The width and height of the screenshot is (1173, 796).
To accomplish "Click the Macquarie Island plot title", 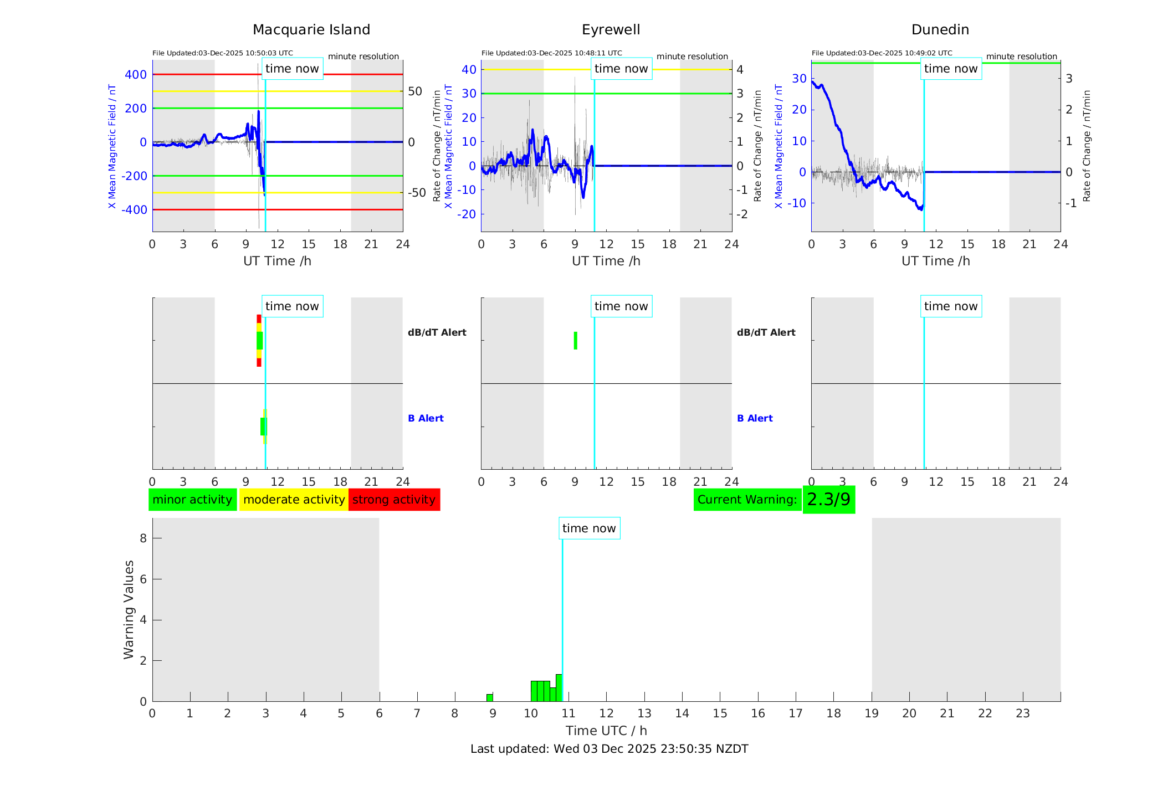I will click(x=311, y=30).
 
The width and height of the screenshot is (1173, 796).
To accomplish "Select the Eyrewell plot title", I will click(x=611, y=30).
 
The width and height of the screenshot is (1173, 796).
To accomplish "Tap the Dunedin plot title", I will click(x=940, y=30).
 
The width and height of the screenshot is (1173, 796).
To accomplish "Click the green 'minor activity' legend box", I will click(x=192, y=500).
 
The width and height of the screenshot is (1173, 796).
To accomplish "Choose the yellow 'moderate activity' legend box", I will click(x=294, y=500).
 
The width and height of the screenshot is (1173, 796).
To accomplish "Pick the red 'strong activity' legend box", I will click(x=394, y=500).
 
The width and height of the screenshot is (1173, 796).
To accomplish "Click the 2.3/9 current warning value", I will click(x=828, y=500).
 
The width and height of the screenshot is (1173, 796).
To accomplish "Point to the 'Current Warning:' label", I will click(x=747, y=500).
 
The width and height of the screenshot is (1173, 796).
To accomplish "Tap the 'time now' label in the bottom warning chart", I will click(x=589, y=528).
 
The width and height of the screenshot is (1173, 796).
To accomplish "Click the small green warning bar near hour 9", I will click(x=490, y=697).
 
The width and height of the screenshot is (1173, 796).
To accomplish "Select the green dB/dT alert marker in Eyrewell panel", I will click(x=576, y=341).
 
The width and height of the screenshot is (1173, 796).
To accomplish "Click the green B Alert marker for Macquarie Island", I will click(x=263, y=427).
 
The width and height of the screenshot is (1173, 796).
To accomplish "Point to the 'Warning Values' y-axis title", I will click(x=129, y=609).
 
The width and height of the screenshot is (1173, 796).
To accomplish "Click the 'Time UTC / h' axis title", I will click(x=606, y=731).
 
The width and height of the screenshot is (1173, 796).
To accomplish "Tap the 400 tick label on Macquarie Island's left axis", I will click(x=136, y=75).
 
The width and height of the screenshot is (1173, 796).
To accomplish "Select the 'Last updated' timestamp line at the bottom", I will click(x=609, y=749).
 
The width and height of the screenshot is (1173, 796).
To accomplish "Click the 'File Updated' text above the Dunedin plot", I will click(x=882, y=53).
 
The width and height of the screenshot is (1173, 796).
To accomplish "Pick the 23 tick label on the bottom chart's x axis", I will click(x=1022, y=713).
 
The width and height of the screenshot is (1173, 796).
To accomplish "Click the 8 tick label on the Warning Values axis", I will click(x=143, y=538).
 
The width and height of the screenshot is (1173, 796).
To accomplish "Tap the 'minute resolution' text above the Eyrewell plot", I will click(x=692, y=57).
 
